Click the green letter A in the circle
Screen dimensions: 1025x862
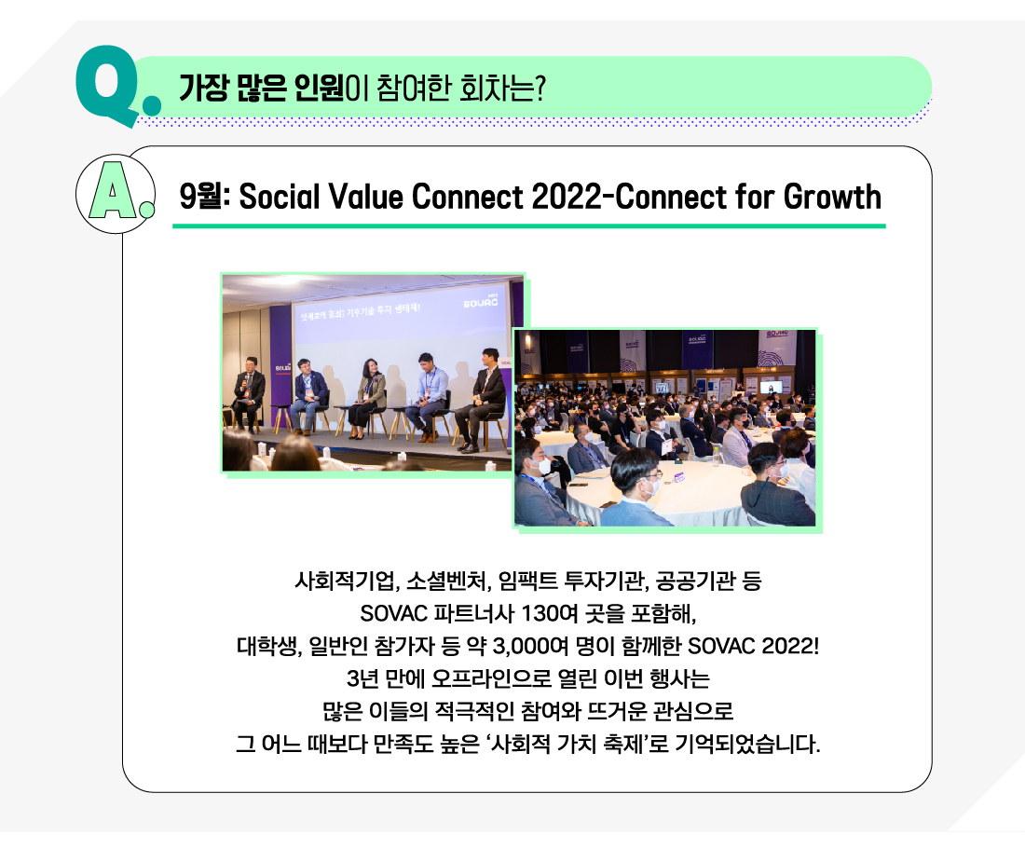pos(113,191)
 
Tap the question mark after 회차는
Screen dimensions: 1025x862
pos(540,89)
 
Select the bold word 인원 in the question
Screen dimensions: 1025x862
pos(319,89)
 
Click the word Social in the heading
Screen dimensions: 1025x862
pos(280,196)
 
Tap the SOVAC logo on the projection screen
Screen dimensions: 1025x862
pos(481,302)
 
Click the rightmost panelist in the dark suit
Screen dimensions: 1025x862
pos(483,400)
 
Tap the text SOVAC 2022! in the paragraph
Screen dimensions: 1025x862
pos(753,647)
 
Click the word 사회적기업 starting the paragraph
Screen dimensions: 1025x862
pos(345,581)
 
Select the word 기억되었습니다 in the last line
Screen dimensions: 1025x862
pos(747,744)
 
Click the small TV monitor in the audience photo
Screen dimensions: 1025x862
pos(771,387)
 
